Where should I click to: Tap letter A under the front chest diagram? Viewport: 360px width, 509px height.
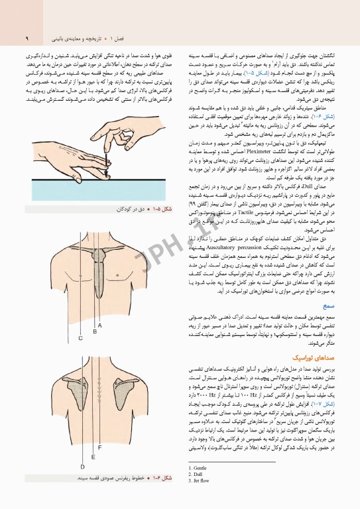pos(100,325)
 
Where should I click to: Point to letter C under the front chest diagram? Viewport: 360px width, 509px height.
pos(80,338)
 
